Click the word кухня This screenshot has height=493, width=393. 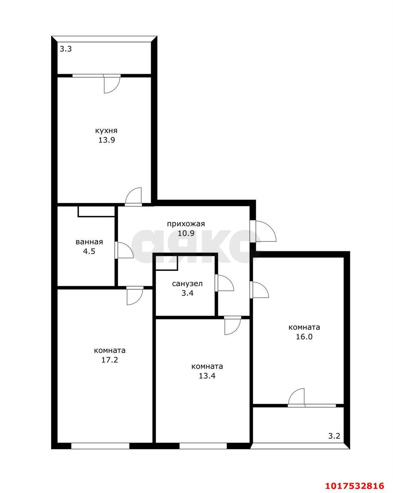click(106, 131)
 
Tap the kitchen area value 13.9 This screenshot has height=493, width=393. click(107, 140)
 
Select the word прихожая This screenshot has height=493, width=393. click(186, 224)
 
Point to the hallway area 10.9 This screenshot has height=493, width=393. click(186, 233)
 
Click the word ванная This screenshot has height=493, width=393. click(89, 242)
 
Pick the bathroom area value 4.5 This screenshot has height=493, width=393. click(89, 251)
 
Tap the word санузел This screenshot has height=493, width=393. click(187, 283)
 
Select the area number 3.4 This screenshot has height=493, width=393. click(187, 293)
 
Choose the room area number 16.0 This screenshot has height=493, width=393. click(304, 337)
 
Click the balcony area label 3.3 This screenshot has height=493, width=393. click(66, 49)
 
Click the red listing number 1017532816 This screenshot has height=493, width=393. click(355, 484)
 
